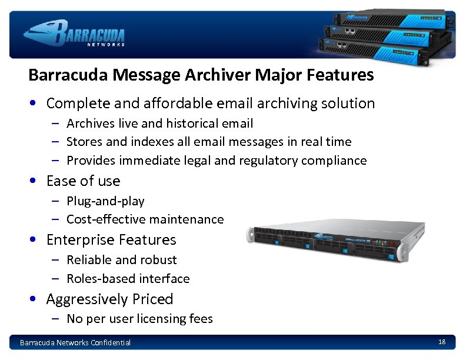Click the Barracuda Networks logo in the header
(x=74, y=32)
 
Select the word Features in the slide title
(x=345, y=75)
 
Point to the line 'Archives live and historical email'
(x=159, y=124)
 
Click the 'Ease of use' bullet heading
(x=83, y=181)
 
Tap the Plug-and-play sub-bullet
(x=105, y=201)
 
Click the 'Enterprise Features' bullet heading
(x=111, y=240)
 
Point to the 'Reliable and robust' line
(x=121, y=260)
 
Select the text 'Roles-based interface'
(x=128, y=279)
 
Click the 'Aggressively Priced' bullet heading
(x=109, y=299)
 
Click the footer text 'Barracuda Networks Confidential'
(x=75, y=342)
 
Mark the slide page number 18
(x=442, y=342)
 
